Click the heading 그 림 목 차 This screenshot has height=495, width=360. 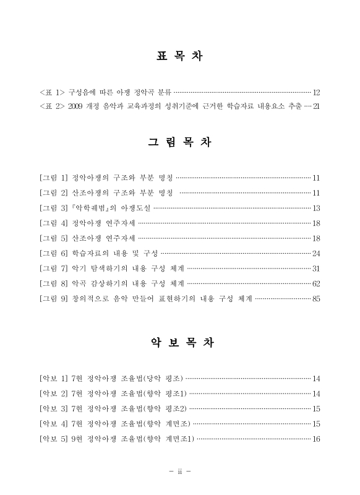pyautogui.click(x=179, y=142)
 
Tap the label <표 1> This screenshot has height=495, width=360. pyautogui.click(x=52, y=92)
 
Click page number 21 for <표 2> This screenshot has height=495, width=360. pyautogui.click(x=316, y=106)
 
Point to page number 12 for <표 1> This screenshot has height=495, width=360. pyautogui.click(x=316, y=92)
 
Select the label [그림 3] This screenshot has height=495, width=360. pyautogui.click(x=53, y=208)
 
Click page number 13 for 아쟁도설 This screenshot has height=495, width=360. pyautogui.click(x=316, y=208)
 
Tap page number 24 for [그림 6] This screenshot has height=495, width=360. pyautogui.click(x=316, y=254)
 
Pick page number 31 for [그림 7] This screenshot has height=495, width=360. pyautogui.click(x=316, y=269)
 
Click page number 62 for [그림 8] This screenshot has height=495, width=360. pyautogui.click(x=316, y=284)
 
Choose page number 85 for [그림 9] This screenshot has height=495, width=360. pyautogui.click(x=316, y=299)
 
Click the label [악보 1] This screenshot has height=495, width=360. pyautogui.click(x=53, y=379)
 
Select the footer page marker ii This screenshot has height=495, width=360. pyautogui.click(x=179, y=472)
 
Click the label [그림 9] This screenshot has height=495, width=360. pyautogui.click(x=53, y=299)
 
